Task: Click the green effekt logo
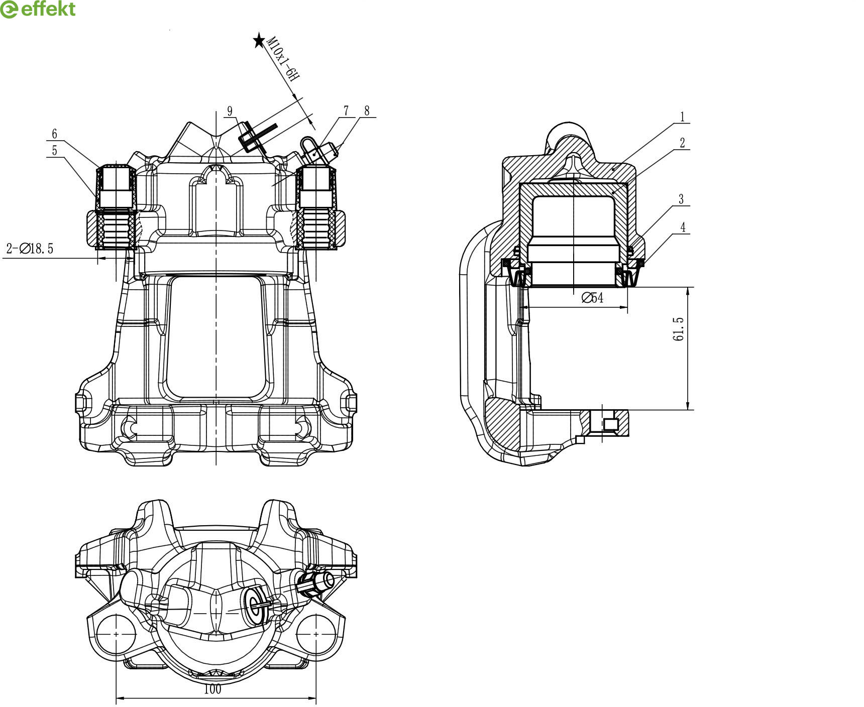(x=38, y=9)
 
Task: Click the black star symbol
(x=259, y=40)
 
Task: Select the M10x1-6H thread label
(x=283, y=58)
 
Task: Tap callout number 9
(x=230, y=111)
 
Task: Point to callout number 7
(x=346, y=110)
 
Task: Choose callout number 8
(x=367, y=110)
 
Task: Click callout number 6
(x=55, y=134)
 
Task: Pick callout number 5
(x=54, y=150)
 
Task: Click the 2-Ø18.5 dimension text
(x=30, y=249)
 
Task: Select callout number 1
(x=682, y=117)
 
